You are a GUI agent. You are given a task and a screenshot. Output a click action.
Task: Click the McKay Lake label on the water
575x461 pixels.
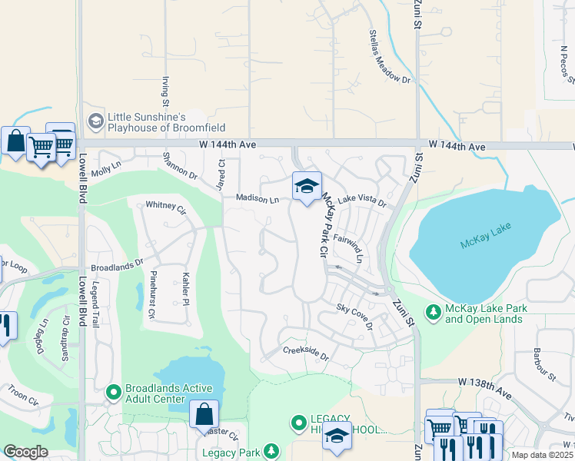coord(486,244)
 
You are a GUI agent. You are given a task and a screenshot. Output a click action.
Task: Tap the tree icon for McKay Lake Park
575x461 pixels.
coord(434,311)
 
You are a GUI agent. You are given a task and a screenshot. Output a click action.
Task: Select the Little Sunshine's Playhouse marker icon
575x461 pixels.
coord(95,121)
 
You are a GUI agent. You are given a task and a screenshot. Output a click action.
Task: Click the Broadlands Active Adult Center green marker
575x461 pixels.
coord(114,393)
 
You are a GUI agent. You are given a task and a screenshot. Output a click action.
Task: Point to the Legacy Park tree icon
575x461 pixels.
coord(271,450)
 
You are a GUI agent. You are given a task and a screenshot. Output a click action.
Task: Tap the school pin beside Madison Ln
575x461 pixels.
coord(307,187)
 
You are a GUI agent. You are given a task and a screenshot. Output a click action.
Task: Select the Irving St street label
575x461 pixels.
coord(165,91)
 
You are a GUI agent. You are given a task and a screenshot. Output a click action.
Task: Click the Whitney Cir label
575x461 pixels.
coord(166,207)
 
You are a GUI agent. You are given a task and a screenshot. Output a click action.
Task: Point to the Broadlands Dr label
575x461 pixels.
coord(118,264)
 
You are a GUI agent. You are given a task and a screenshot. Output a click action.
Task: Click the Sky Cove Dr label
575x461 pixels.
coord(354,316)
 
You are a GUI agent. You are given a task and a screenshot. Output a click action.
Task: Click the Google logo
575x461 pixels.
coord(25,452)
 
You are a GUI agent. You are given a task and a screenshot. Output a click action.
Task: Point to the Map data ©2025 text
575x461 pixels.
coord(540,455)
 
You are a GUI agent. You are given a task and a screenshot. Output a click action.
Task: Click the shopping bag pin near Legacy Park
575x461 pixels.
coord(204,414)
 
